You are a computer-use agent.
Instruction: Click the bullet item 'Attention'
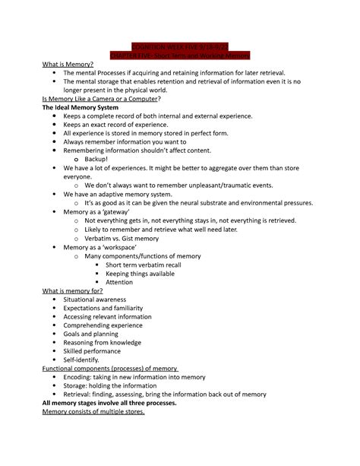point(119,282)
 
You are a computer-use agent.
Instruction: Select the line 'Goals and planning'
point(90,334)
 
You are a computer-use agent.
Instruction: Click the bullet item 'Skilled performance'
point(95,351)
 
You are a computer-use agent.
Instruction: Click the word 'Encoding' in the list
point(81,377)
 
